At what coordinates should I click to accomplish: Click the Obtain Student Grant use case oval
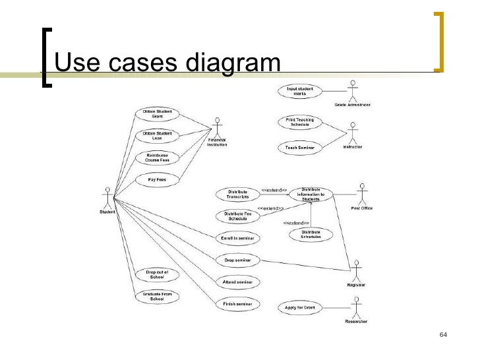pyautogui.click(x=157, y=113)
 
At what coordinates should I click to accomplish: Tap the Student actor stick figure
pyautogui.click(x=107, y=197)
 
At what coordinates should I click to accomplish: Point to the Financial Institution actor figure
pyautogui.click(x=217, y=129)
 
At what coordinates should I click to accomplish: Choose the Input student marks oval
pyautogui.click(x=299, y=91)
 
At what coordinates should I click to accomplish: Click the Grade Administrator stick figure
pyautogui.click(x=353, y=91)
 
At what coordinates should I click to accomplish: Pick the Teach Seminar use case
pyautogui.click(x=299, y=147)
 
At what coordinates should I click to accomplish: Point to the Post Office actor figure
pyautogui.click(x=361, y=195)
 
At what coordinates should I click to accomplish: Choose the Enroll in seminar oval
pyautogui.click(x=237, y=238)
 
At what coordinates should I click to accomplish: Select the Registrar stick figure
pyautogui.click(x=357, y=270)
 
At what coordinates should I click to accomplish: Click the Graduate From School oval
pyautogui.click(x=157, y=296)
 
